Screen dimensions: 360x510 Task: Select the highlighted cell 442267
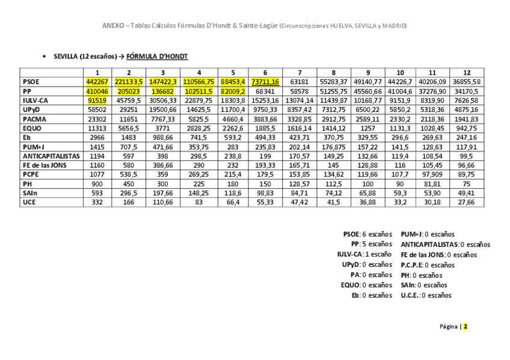(x=97, y=82)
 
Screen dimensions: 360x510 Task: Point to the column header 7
(x=299, y=73)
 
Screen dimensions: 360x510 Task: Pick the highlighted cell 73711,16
(x=265, y=82)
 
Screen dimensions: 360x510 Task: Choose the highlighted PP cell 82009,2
(x=233, y=91)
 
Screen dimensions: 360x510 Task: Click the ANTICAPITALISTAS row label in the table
(x=51, y=156)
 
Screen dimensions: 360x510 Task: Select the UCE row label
(x=29, y=203)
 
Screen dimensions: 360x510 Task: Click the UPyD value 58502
(x=97, y=109)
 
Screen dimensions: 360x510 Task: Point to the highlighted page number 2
(x=465, y=327)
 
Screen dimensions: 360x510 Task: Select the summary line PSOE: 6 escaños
(x=367, y=234)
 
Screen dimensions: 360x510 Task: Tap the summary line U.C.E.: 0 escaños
(x=426, y=295)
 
